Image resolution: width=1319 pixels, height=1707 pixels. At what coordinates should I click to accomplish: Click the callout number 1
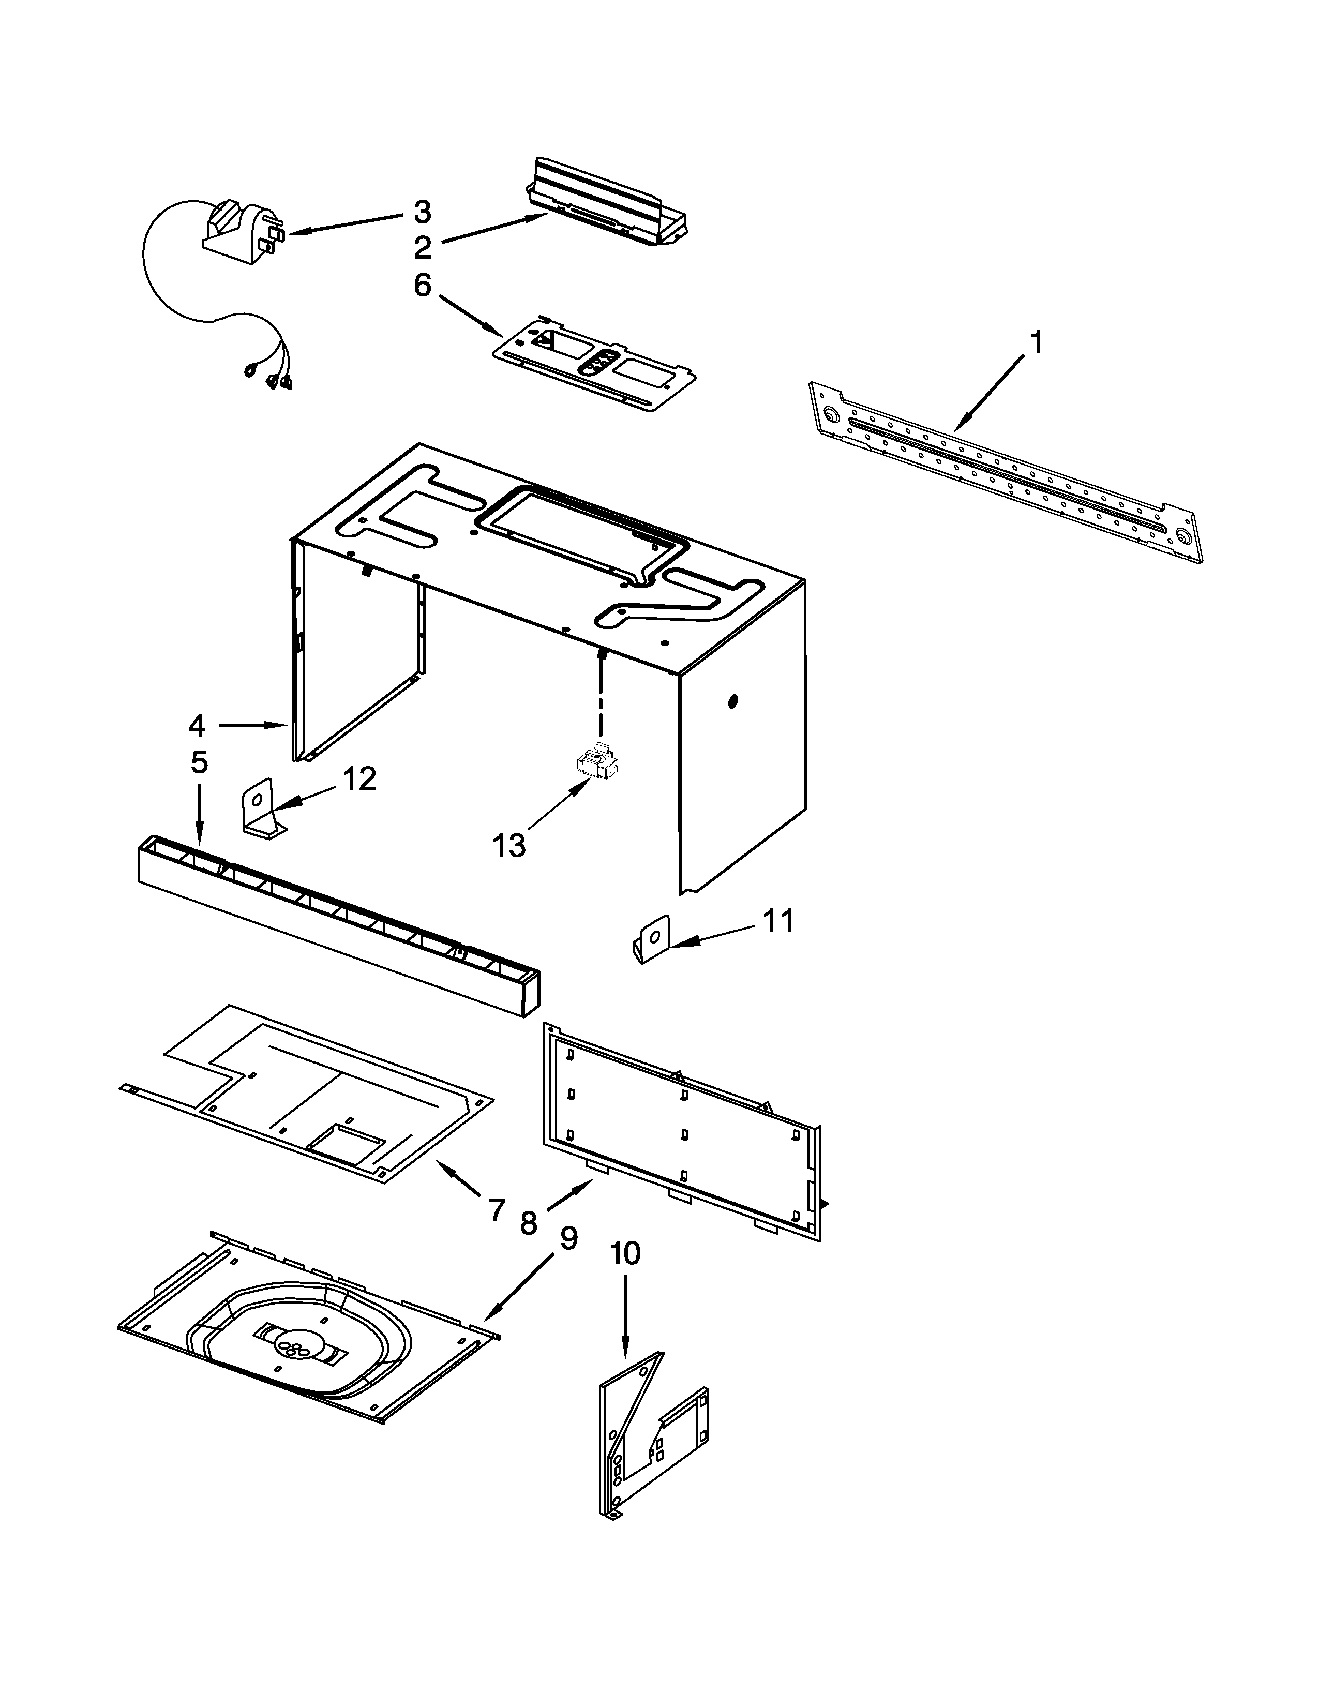1036,343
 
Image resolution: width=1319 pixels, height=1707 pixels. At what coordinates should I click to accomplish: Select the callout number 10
625,1254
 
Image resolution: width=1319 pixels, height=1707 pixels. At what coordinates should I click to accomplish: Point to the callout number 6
422,286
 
